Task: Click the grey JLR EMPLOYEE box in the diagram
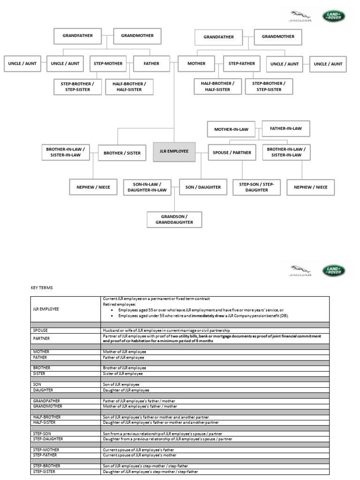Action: tap(174, 152)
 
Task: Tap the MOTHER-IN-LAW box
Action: tap(231, 129)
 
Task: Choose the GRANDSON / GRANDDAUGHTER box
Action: tap(174, 219)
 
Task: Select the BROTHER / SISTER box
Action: tap(122, 153)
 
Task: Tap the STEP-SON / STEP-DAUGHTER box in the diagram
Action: tap(256, 187)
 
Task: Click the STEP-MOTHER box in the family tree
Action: tap(108, 63)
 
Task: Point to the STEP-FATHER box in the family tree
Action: tap(242, 63)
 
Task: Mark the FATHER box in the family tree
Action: tap(151, 63)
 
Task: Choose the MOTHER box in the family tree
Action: tap(196, 63)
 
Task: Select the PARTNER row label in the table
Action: tap(41, 338)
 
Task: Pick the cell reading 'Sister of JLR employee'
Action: tap(123, 374)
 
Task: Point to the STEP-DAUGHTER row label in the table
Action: tap(48, 439)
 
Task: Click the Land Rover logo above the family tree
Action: tap(333, 16)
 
